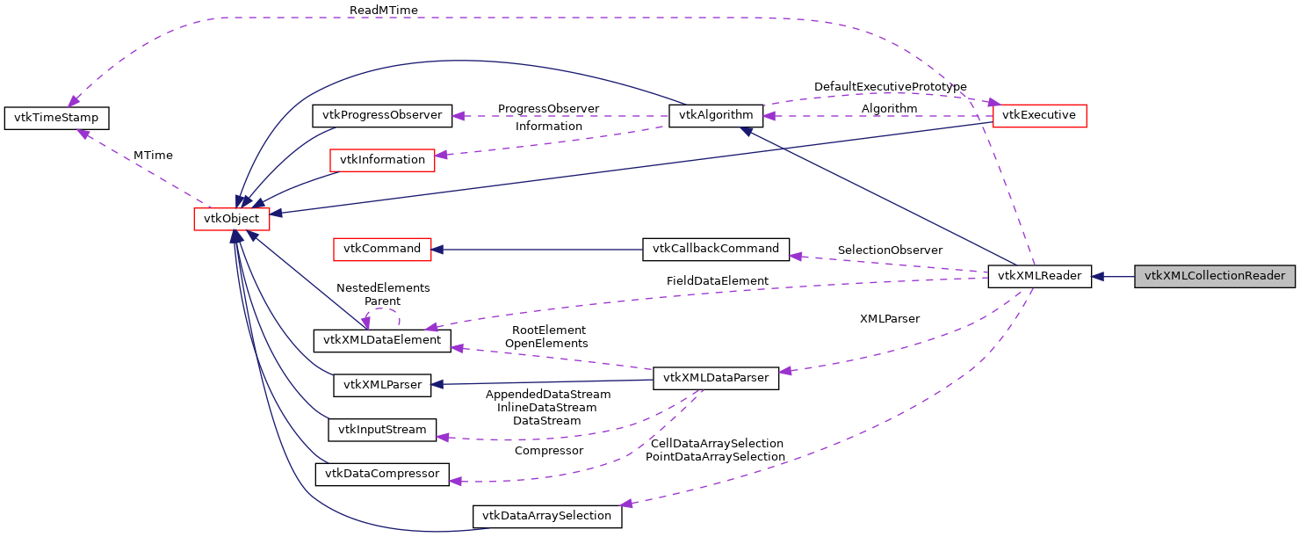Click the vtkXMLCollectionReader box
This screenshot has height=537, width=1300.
1215,276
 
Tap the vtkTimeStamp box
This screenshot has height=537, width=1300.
57,118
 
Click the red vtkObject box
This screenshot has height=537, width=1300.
231,219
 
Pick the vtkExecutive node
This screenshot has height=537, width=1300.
1039,115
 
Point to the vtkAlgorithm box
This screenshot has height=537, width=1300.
716,115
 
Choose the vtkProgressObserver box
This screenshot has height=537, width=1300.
382,115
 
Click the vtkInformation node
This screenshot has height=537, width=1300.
381,160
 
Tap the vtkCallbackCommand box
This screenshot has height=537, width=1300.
716,249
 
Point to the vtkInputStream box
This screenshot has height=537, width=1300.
382,430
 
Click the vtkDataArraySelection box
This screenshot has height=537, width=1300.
547,516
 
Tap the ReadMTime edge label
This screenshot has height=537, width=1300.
383,10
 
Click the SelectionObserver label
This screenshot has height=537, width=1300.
890,250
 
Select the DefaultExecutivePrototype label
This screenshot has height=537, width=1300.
890,87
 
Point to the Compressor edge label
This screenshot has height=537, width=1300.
548,451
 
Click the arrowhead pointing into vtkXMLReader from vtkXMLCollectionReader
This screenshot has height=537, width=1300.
1098,276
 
